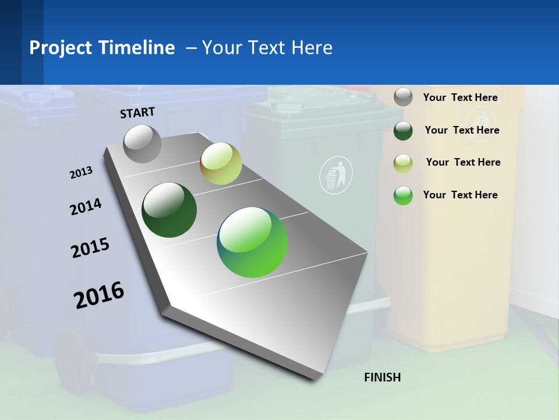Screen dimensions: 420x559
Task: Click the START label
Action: [x=137, y=113]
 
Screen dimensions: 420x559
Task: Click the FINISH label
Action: [x=382, y=377]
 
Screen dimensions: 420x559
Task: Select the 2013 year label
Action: [x=81, y=173]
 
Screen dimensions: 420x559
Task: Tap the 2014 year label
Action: [x=86, y=206]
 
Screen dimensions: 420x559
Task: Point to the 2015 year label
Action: [x=90, y=248]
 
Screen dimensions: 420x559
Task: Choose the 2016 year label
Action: [x=99, y=295]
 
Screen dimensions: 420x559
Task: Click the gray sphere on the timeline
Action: [x=143, y=143]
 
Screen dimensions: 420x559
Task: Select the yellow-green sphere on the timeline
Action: [x=221, y=163]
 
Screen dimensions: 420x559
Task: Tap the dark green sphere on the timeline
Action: [x=169, y=210]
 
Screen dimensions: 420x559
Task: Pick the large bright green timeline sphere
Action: [x=252, y=242]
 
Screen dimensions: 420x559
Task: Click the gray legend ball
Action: [x=403, y=97]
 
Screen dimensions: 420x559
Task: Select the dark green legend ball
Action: [x=403, y=130]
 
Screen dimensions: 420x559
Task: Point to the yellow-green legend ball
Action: [x=403, y=163]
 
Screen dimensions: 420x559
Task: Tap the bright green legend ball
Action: [x=403, y=195]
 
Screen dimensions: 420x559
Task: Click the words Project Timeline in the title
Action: [x=102, y=48]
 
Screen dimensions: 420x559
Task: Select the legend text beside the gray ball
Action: [x=460, y=97]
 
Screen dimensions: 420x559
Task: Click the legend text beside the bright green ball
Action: [x=460, y=195]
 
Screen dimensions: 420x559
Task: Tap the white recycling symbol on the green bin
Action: [x=336, y=176]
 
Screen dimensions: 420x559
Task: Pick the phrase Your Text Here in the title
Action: [x=267, y=48]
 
